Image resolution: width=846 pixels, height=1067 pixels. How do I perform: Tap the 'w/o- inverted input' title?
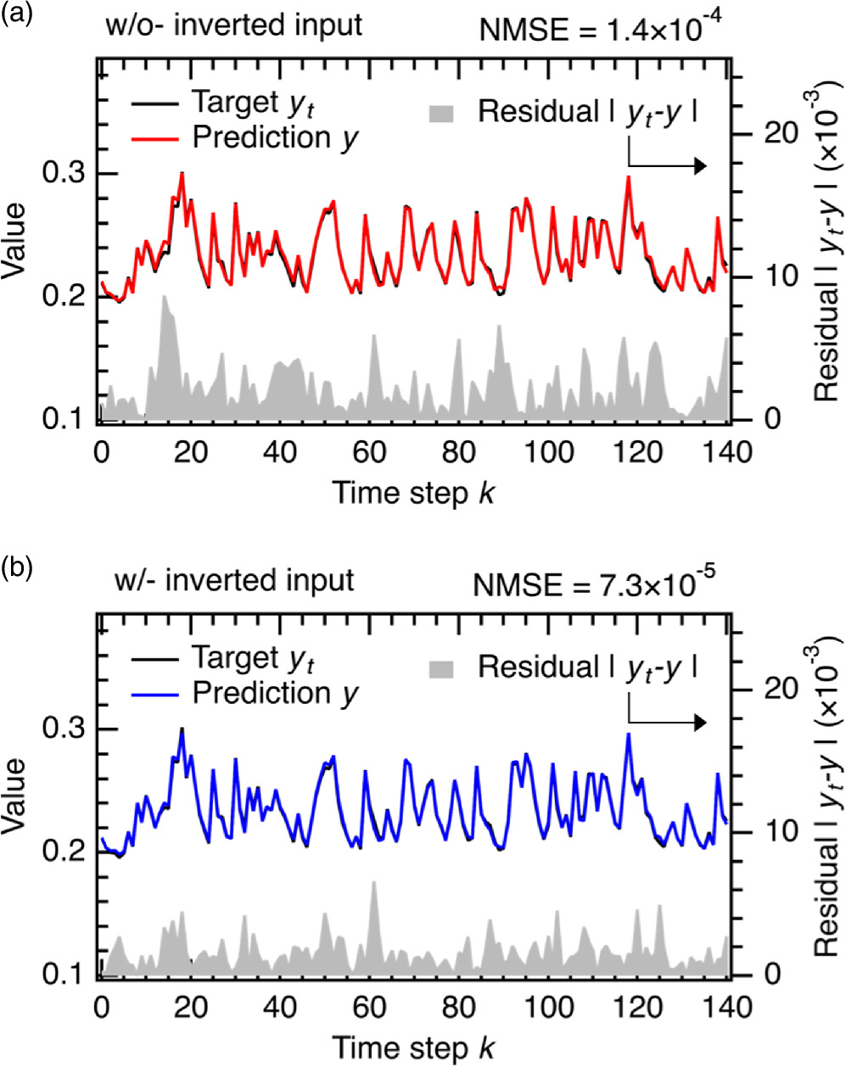point(234,25)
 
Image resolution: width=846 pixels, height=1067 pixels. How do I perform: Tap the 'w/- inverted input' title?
point(234,581)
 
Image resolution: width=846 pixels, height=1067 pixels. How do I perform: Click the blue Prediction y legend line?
point(155,694)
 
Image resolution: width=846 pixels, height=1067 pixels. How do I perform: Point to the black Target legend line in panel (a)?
point(155,105)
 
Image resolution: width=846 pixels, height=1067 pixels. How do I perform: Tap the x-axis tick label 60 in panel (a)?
point(370,451)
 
